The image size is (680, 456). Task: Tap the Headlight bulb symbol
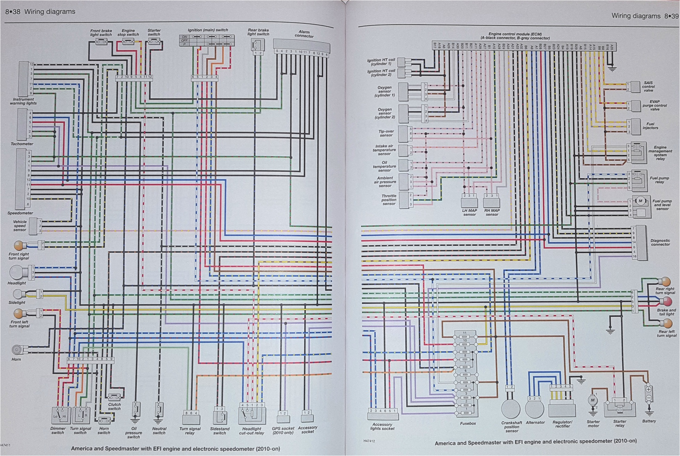(x=16, y=272)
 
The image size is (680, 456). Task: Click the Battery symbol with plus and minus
(x=648, y=394)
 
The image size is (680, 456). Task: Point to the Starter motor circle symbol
(x=592, y=400)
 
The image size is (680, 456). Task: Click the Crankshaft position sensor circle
(x=511, y=408)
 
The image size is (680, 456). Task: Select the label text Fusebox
(x=467, y=423)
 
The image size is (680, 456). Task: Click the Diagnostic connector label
(x=660, y=242)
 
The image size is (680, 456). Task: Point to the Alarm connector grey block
(x=301, y=44)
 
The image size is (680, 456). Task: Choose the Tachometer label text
(x=22, y=144)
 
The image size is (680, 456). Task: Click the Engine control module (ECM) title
(x=515, y=34)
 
